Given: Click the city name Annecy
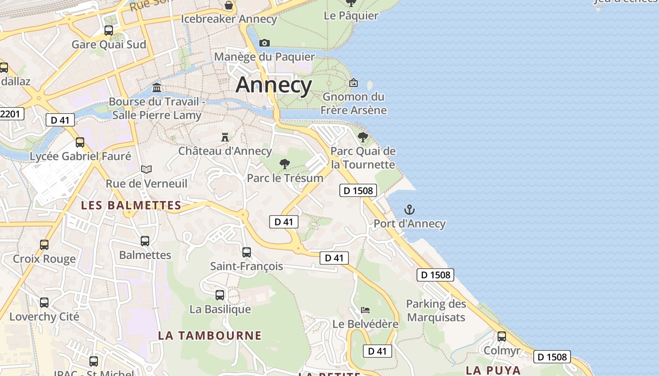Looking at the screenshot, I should click(x=273, y=85).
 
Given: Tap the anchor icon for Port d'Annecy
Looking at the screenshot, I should click(x=410, y=210).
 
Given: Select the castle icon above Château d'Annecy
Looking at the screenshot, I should click(x=225, y=137).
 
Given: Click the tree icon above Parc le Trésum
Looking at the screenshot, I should click(x=284, y=164).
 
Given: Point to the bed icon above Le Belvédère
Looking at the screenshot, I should click(x=365, y=310).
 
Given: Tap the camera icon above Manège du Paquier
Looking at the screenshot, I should click(x=265, y=43).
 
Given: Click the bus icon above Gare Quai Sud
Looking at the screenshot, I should click(x=109, y=31).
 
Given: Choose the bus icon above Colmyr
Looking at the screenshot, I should click(x=502, y=337).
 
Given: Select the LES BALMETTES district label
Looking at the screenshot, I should click(x=131, y=205).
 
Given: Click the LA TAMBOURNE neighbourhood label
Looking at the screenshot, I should click(x=209, y=336).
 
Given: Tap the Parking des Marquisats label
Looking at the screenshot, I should click(x=436, y=311).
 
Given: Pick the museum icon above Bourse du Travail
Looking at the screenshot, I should click(x=157, y=88).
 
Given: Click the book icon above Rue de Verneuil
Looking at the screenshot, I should click(x=146, y=169).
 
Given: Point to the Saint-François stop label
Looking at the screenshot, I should click(x=247, y=266).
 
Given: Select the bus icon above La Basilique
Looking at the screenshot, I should click(x=220, y=295).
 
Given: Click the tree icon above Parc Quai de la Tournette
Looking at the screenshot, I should click(x=362, y=137).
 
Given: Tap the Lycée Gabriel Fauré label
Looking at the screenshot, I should click(x=80, y=156).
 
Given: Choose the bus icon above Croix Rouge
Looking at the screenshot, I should click(x=44, y=245).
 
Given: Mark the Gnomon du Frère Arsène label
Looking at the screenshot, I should click(x=354, y=103).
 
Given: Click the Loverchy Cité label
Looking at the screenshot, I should click(x=44, y=317).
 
